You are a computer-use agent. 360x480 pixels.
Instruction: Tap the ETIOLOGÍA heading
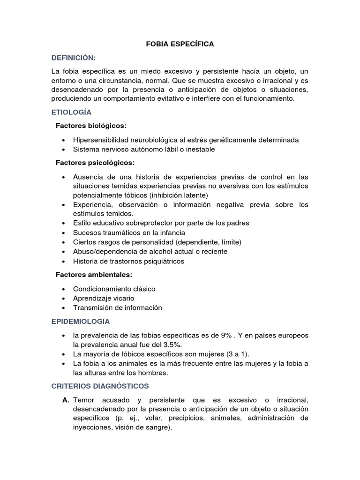(71, 112)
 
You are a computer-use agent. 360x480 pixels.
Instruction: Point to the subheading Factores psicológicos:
(95, 163)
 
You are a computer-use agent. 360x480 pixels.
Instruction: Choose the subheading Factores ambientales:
(94, 275)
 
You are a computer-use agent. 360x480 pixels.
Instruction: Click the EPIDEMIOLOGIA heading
(81, 322)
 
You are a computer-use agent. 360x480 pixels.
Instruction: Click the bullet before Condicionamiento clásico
(63, 289)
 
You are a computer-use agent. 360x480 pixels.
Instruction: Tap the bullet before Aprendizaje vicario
(63, 299)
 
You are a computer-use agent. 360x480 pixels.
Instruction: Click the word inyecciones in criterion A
(92, 427)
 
